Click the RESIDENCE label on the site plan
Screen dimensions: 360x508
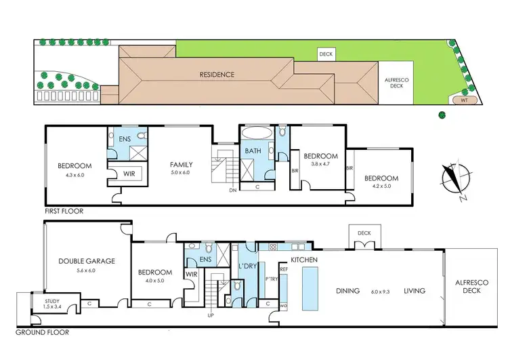click(217, 74)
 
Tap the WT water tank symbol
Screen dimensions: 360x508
click(464, 100)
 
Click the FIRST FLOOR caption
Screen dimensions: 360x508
click(64, 212)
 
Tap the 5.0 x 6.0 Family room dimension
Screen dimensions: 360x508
click(182, 173)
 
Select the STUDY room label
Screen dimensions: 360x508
click(51, 301)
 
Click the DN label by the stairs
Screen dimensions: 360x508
click(232, 191)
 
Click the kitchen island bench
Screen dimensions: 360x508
click(312, 285)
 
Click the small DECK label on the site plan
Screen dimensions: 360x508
click(326, 53)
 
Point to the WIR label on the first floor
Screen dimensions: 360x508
click(129, 174)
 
